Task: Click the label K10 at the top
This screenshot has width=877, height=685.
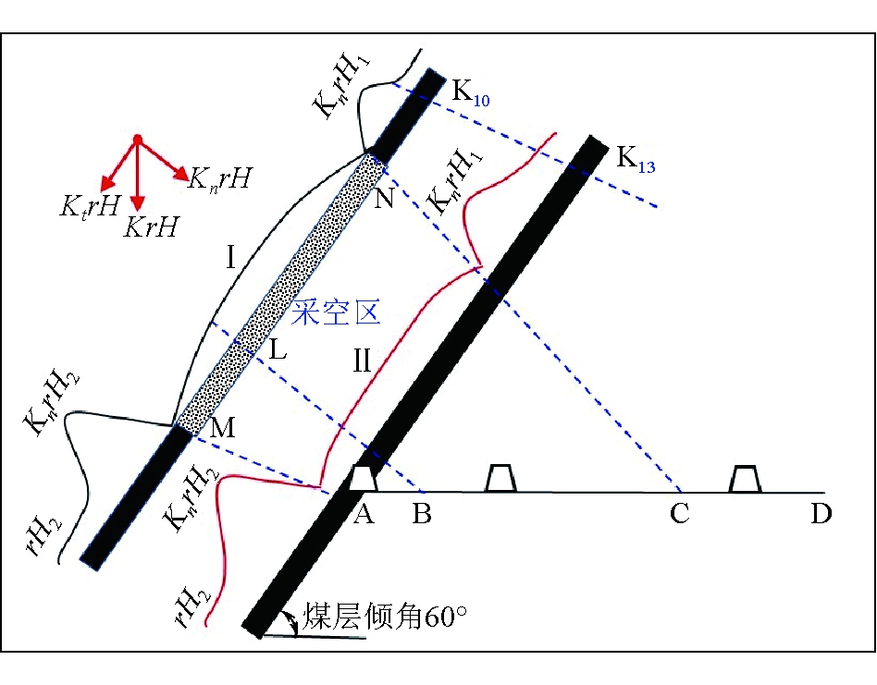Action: [x=471, y=94]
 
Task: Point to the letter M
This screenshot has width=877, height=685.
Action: [x=223, y=428]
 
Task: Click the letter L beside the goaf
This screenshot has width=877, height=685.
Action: [x=278, y=350]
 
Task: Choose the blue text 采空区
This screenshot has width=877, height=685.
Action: [x=336, y=314]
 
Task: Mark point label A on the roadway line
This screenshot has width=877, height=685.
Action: [x=363, y=514]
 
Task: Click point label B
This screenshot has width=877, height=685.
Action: [x=422, y=514]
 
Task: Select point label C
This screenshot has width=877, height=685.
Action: [x=680, y=514]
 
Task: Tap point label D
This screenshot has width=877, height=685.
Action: [x=821, y=514]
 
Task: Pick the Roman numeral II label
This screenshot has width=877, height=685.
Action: [x=360, y=361]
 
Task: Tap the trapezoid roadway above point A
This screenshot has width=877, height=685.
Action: [x=364, y=478]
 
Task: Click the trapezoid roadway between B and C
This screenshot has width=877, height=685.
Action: [x=501, y=478]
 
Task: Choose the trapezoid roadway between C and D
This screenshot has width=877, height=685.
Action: [x=746, y=478]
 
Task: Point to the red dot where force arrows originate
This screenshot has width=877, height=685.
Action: [x=137, y=140]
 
